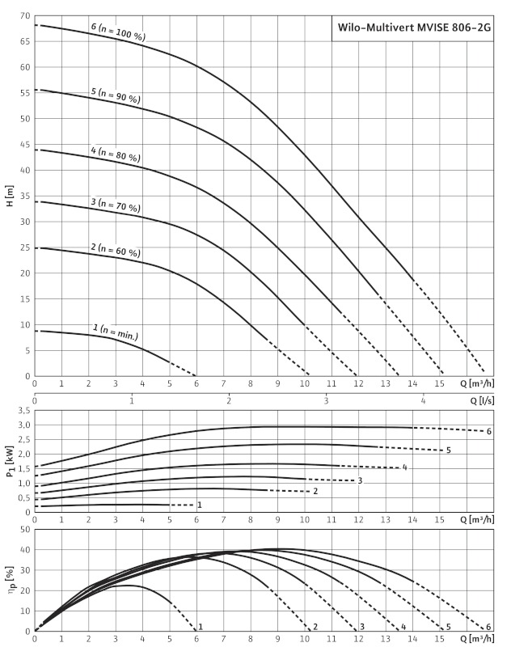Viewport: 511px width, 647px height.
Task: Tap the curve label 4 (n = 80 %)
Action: [115, 154]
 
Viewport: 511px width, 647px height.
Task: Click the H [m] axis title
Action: [9, 197]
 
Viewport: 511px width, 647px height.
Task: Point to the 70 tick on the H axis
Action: [25, 16]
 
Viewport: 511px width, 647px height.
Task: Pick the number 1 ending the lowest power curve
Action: [199, 505]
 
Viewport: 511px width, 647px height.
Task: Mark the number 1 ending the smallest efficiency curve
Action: [200, 627]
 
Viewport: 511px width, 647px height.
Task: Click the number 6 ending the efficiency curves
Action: [489, 627]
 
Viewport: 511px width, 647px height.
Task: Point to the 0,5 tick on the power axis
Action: [23, 497]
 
